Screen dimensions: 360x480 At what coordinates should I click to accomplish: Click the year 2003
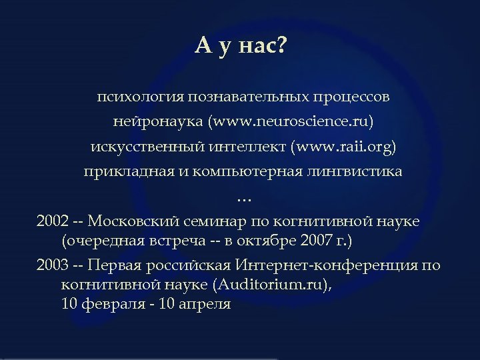click(x=52, y=265)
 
